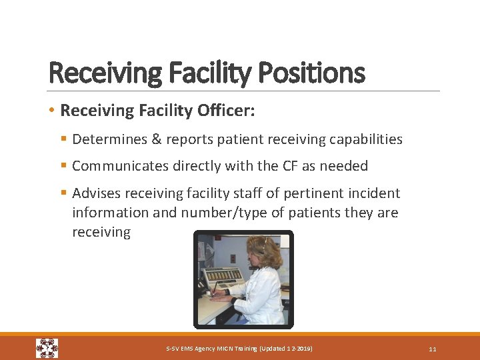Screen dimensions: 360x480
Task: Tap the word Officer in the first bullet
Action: coord(224,111)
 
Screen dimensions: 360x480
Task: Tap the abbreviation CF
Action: coord(282,166)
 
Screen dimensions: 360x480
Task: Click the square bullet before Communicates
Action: coord(63,166)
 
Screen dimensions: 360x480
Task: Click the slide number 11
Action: coord(433,349)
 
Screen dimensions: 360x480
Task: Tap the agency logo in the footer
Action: coord(47,348)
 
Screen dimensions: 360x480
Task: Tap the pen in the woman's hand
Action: coord(213,291)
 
